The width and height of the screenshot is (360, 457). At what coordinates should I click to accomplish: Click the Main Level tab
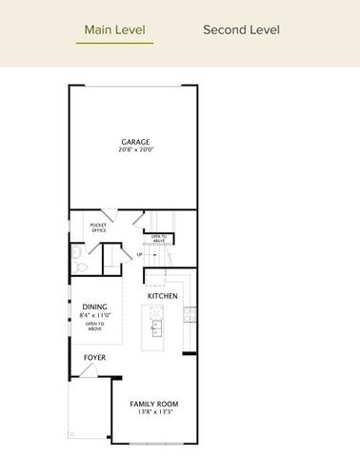click(x=114, y=30)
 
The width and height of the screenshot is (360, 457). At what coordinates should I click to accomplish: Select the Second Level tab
click(x=241, y=30)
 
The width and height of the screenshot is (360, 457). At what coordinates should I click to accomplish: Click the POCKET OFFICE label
click(x=98, y=228)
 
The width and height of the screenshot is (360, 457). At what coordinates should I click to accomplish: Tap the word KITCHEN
click(x=163, y=297)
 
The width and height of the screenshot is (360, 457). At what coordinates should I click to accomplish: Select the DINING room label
click(x=93, y=307)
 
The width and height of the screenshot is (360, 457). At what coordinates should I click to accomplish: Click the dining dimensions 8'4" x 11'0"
click(x=94, y=314)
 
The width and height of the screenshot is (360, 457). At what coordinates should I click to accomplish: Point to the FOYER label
click(x=94, y=358)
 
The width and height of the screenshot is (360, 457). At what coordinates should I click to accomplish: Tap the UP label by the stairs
click(x=140, y=254)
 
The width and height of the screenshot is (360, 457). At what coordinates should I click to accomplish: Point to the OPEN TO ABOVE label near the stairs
click(x=158, y=238)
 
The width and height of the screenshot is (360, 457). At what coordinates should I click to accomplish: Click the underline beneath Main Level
click(x=114, y=43)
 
